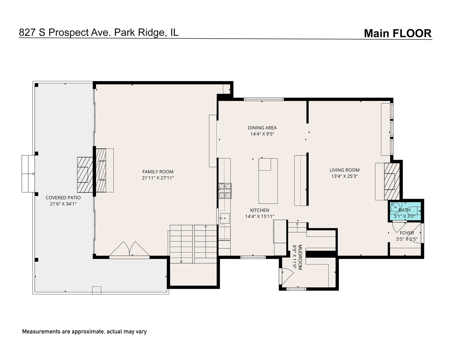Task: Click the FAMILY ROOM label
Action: click(158, 172)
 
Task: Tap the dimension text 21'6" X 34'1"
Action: click(63, 204)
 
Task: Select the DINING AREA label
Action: click(262, 128)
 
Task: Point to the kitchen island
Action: click(268, 181)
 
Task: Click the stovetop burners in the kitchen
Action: click(225, 191)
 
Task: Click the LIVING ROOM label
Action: click(344, 170)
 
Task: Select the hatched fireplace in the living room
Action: click(392, 181)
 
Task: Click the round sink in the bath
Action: click(395, 208)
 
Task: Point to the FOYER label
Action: click(407, 233)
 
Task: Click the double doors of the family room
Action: click(130, 249)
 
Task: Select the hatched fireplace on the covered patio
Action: click(85, 174)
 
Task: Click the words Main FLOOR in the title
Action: click(397, 33)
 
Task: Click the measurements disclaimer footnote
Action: click(84, 331)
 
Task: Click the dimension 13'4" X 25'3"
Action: click(344, 176)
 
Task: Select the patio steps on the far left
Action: click(28, 174)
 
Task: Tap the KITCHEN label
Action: click(260, 210)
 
